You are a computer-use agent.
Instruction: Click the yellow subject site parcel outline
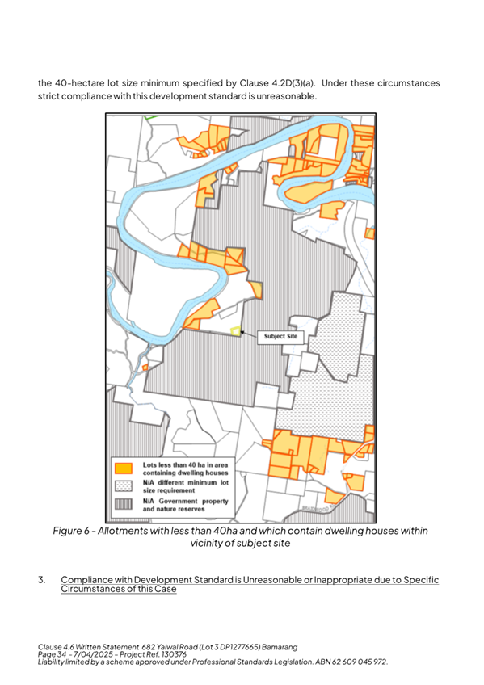tap(236, 330)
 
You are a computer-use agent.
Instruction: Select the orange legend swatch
tap(124, 468)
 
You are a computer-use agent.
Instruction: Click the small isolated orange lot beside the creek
tap(145, 367)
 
